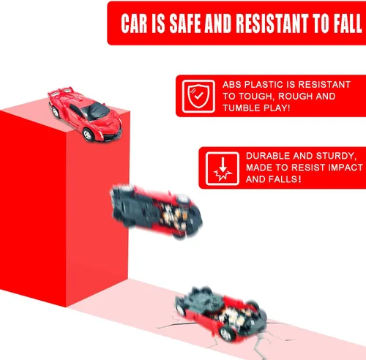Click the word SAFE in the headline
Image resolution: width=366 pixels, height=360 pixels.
tap(185, 23)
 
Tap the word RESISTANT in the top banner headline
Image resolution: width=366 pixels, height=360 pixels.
tap(272, 23)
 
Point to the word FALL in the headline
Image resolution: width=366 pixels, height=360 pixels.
tap(348, 23)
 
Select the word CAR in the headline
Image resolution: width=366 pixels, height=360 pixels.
tap(134, 23)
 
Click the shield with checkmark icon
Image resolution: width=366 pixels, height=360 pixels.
tap(198, 97)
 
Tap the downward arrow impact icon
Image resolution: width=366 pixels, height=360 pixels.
tap(223, 168)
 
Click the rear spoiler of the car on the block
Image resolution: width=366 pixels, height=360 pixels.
tap(61, 91)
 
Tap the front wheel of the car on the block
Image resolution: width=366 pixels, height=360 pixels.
tap(88, 135)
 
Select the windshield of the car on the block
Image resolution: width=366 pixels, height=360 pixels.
tap(96, 111)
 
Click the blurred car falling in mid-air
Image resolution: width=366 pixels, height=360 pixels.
tap(156, 211)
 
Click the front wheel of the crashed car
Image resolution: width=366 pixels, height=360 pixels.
tap(227, 333)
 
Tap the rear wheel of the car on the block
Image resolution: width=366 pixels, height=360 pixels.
tap(55, 112)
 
